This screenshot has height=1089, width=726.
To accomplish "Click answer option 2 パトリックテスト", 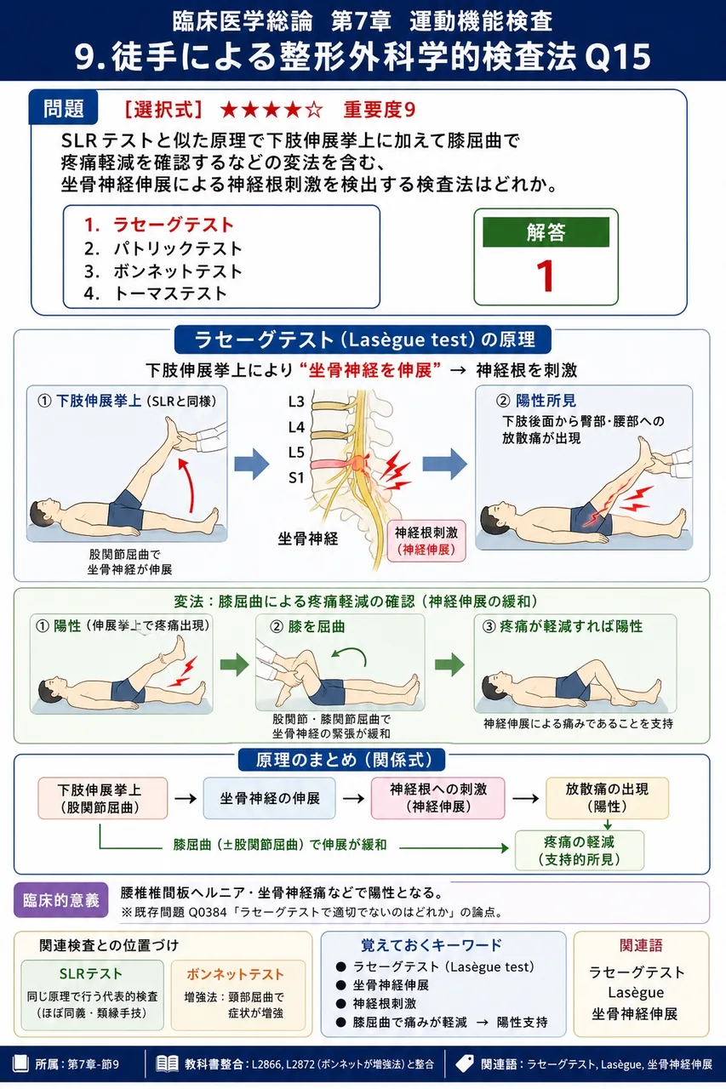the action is pos(163,248).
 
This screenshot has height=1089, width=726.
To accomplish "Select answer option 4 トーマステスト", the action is pos(155,294).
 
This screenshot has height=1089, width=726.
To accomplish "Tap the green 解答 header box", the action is pos(546,232).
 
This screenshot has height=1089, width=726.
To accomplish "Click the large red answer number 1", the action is pos(546,276).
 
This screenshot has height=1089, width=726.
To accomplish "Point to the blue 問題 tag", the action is pos(63,108).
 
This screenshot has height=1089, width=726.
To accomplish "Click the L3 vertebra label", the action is pos(296,402).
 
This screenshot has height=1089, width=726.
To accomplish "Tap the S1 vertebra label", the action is pos(296,478).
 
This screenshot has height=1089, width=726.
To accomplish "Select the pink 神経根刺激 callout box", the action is pos(426,541).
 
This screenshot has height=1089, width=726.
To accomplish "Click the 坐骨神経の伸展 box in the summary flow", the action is pos(270,798).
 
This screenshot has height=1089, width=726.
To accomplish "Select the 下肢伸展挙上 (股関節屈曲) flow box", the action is pos(103,798).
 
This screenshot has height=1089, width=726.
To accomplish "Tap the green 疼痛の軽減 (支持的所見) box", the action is pos(579,850).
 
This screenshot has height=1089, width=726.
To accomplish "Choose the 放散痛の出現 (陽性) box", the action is pos(607,798).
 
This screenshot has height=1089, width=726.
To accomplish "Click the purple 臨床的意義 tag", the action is pos(60,900).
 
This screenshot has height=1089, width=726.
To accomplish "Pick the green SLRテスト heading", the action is pos(90,974).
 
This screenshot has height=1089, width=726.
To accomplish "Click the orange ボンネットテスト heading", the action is pos(235,974).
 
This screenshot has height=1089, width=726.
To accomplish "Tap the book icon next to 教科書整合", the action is pos(167,1064).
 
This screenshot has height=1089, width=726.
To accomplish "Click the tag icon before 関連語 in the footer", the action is pos(465,1063).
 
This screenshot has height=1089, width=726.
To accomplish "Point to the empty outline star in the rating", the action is pos(314,110).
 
